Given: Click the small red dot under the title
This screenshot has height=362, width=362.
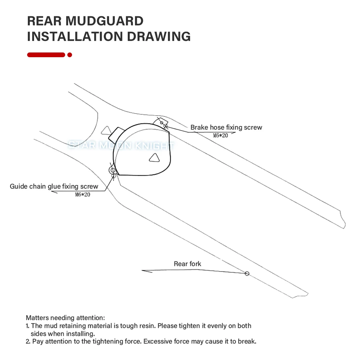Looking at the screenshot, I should (70, 55).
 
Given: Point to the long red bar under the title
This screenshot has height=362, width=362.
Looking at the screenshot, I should (46, 55).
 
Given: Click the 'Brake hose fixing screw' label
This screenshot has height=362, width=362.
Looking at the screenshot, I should (226, 127).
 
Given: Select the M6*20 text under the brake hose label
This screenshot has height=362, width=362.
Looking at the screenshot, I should (220, 135).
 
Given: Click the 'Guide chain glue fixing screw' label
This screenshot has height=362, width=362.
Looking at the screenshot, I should (54, 186).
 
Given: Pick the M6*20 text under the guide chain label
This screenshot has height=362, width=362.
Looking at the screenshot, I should (83, 194).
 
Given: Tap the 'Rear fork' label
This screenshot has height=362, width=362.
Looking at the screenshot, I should (188, 264).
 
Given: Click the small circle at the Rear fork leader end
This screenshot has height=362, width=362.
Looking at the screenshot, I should (247, 273).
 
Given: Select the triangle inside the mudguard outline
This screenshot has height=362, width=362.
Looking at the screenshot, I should (155, 157).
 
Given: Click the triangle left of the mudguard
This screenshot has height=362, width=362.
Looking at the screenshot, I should (106, 130).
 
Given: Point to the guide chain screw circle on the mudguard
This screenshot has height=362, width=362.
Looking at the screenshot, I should (113, 170).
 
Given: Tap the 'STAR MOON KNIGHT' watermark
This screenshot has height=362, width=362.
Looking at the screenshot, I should (121, 146).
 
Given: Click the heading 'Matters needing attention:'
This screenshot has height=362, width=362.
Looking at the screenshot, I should (66, 318).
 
